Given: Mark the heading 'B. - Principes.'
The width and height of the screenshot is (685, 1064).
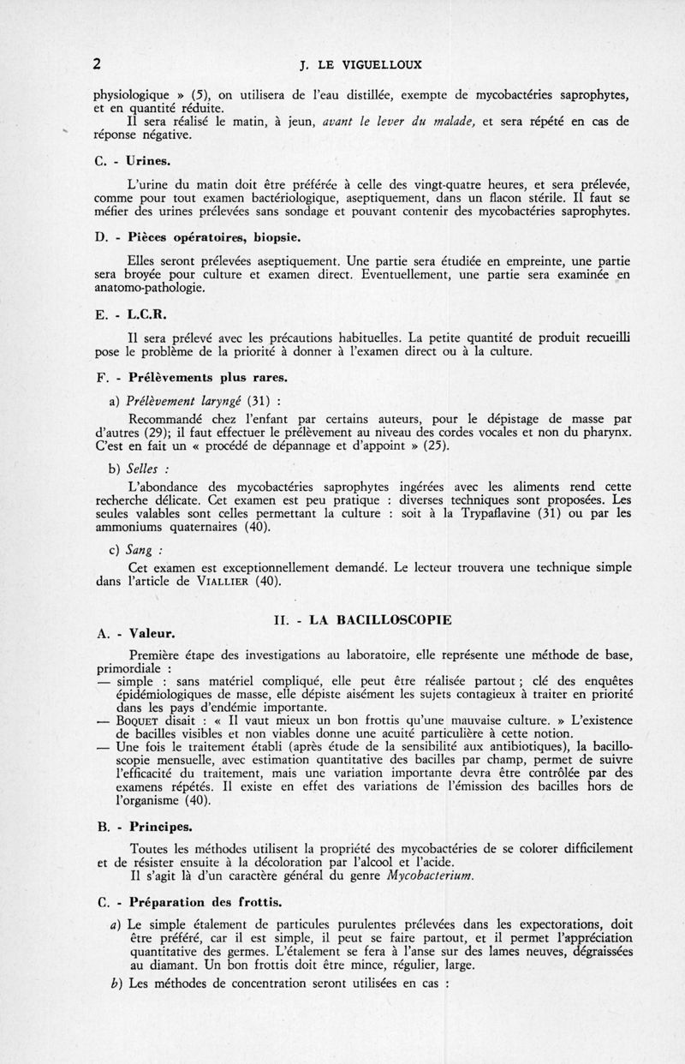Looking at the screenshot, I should (143, 828).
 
